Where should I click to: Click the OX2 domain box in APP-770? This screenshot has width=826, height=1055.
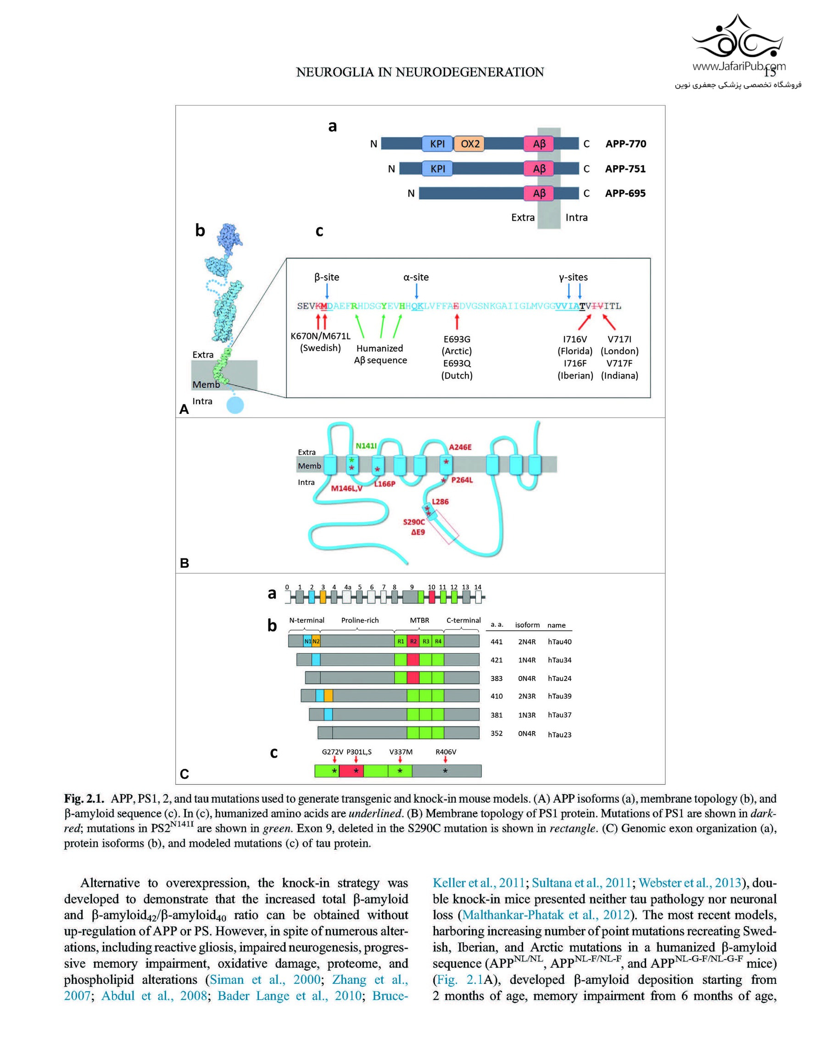469,144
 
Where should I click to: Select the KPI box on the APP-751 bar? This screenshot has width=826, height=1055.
438,169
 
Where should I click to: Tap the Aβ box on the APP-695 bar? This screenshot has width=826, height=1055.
539,193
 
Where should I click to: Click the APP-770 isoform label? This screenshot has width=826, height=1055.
625,144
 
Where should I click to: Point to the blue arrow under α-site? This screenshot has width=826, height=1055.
416,291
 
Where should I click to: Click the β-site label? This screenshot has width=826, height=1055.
327,277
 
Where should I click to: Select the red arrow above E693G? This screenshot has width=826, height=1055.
457,322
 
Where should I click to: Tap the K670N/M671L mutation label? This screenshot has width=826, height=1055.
320,335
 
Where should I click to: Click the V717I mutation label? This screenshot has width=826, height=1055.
619,339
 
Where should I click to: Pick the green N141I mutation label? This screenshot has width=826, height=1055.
366,446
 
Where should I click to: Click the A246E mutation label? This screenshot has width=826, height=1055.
460,447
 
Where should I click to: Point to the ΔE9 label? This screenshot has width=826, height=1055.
418,532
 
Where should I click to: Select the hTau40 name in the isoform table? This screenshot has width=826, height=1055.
559,642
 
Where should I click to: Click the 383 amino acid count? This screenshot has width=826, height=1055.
497,678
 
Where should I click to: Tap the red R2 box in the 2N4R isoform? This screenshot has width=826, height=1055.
413,642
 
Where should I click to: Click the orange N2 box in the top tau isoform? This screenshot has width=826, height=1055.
316,642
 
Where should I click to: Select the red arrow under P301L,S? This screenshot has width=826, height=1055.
356,759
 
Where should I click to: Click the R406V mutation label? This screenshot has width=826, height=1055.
446,752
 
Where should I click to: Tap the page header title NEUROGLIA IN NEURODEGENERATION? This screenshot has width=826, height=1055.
420,72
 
